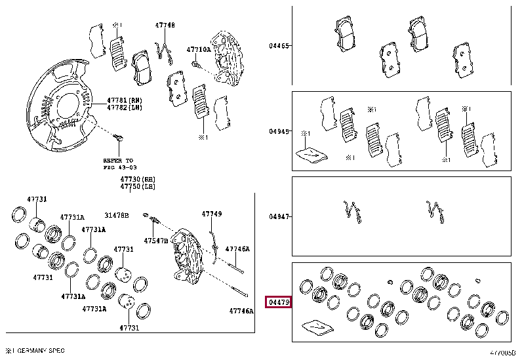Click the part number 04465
point(278,46)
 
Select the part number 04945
point(278,131)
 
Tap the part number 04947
point(278,216)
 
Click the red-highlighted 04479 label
point(278,302)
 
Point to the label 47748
point(165,26)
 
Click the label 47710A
point(198,49)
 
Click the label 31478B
point(116,215)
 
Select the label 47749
point(211,214)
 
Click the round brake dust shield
point(59,111)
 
